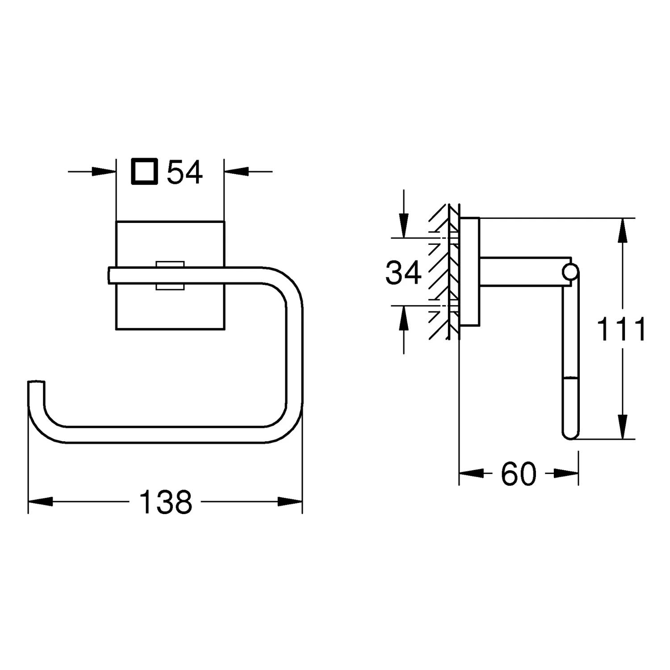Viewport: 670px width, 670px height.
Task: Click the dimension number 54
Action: coord(185,172)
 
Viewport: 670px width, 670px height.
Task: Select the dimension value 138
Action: coord(166,502)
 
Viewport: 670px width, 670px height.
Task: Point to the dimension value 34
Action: coord(403,273)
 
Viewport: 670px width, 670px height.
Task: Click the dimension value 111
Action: coord(621,330)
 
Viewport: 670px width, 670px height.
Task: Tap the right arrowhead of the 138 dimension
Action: coord(290,502)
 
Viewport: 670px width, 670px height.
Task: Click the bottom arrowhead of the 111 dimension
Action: coord(622,427)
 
